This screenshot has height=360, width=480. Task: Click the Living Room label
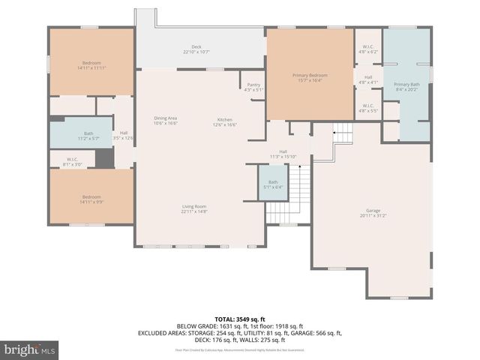tap(193, 208)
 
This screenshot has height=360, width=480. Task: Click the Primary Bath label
tap(406, 86)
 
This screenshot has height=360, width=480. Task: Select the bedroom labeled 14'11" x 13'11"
tap(91, 65)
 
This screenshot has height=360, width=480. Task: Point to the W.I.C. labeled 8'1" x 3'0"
tap(72, 160)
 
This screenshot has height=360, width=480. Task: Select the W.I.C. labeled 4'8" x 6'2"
tap(368, 50)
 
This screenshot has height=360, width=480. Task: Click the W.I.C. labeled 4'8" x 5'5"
tap(368, 107)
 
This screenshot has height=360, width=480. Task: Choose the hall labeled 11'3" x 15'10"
tap(283, 154)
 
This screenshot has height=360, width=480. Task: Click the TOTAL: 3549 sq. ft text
tap(240, 319)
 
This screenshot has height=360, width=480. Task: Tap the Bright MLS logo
tap(30, 349)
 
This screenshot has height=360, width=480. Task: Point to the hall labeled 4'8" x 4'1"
tap(368, 79)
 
